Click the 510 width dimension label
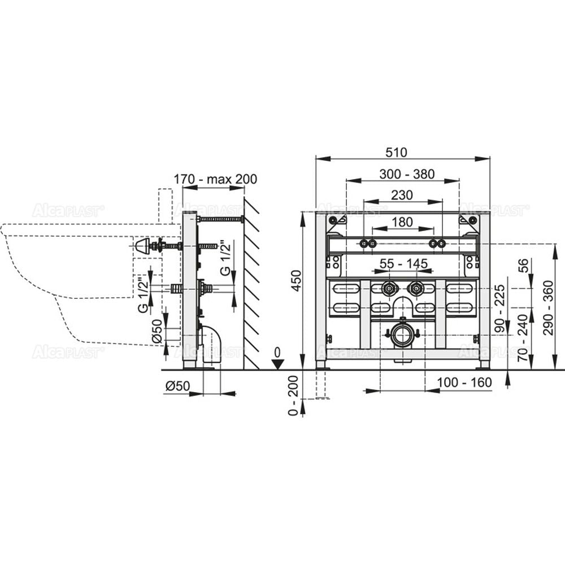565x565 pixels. [396, 152]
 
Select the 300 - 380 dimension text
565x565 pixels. [407, 174]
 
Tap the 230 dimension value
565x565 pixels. [402, 195]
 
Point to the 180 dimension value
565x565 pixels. [402, 222]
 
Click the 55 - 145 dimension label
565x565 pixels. [403, 263]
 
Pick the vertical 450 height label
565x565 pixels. [296, 281]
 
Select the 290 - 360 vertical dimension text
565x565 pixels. [547, 308]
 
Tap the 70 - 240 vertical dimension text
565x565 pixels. [522, 338]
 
